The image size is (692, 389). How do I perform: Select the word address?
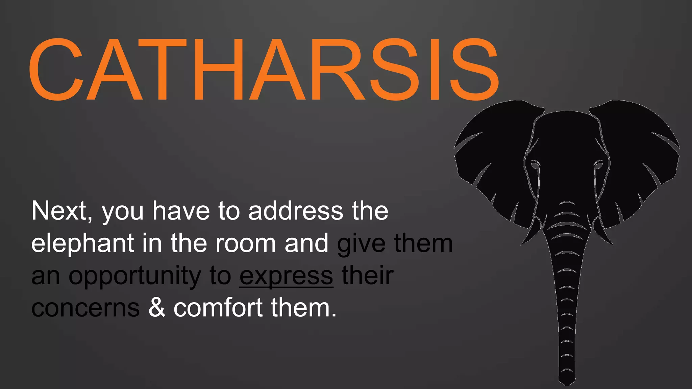click(296, 211)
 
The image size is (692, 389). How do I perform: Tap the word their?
click(368, 276)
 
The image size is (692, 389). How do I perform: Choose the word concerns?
click(85, 308)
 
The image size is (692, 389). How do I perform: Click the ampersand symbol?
click(157, 308)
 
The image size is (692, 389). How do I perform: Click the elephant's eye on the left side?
click(535, 165)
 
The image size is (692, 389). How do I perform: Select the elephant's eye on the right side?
click(598, 165)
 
